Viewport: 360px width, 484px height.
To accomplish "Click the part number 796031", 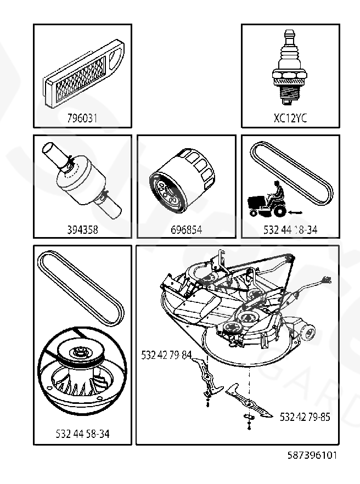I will click(82, 118).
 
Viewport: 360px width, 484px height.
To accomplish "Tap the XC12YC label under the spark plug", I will click(290, 118).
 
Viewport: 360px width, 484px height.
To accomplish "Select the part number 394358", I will click(82, 230).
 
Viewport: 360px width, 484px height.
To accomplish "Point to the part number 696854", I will click(186, 230).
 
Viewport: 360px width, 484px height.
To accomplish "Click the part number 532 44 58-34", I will click(82, 434).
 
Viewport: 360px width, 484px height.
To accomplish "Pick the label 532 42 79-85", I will click(305, 417).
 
